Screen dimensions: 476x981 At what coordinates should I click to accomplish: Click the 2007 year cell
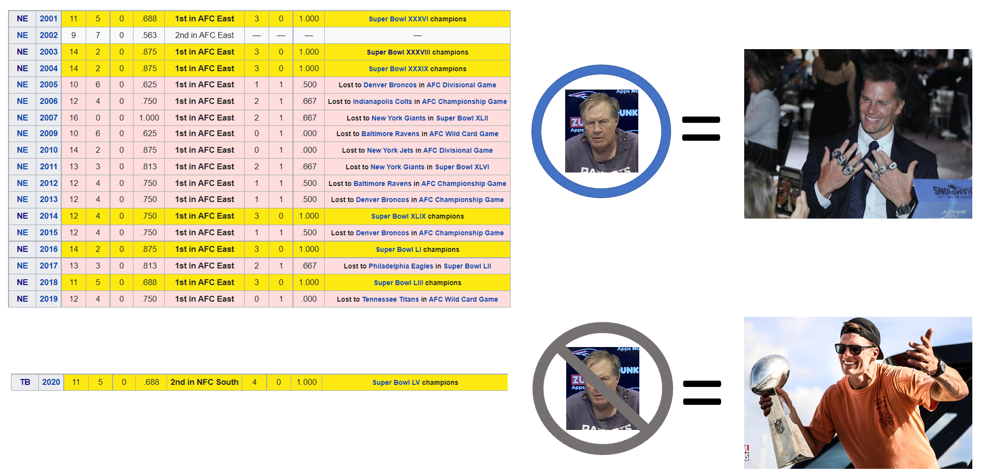tap(49, 118)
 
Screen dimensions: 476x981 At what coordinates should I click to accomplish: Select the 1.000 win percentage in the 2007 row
tap(149, 118)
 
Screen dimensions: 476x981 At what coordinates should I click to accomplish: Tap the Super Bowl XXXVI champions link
tap(398, 19)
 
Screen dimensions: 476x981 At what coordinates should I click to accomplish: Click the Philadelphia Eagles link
tap(400, 266)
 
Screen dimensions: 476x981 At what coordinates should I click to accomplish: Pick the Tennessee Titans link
tap(390, 299)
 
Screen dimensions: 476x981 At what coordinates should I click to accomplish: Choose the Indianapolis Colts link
tap(382, 102)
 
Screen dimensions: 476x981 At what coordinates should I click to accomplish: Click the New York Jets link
tap(390, 150)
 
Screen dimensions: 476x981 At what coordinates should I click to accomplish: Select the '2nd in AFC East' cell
tap(204, 35)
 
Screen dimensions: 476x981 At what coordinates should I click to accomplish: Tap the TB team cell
tap(25, 382)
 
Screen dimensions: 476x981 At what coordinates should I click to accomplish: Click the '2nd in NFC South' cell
tap(204, 382)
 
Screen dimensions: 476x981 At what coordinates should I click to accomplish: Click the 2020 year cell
tap(51, 382)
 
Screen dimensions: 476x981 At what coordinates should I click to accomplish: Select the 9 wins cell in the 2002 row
tap(74, 35)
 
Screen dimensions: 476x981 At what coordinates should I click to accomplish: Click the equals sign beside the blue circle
tap(701, 128)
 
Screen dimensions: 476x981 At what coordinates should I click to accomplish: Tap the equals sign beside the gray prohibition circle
tap(702, 393)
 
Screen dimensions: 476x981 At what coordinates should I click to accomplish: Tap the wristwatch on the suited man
tap(904, 209)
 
